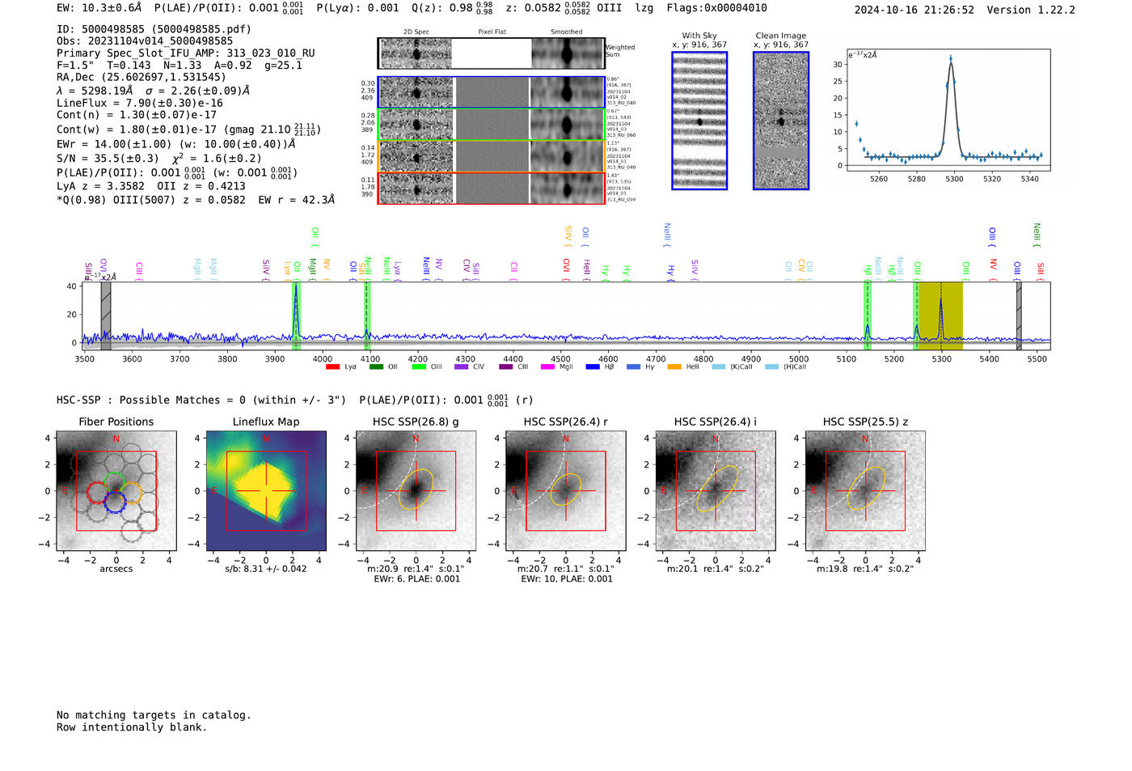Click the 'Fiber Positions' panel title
116,422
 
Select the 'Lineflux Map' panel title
265,422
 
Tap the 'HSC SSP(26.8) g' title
416,422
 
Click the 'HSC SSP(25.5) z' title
865,422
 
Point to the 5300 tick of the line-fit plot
954,179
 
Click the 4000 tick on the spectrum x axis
323,358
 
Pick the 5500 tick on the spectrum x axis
1037,358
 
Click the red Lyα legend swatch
332,367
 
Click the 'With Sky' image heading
699,36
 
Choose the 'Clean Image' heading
780,36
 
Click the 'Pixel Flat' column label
492,32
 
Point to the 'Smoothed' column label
566,32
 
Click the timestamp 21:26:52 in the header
946,10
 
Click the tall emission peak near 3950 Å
296,286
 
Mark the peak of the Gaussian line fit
951,59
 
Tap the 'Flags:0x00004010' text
716,8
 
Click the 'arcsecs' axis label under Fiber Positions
116,569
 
